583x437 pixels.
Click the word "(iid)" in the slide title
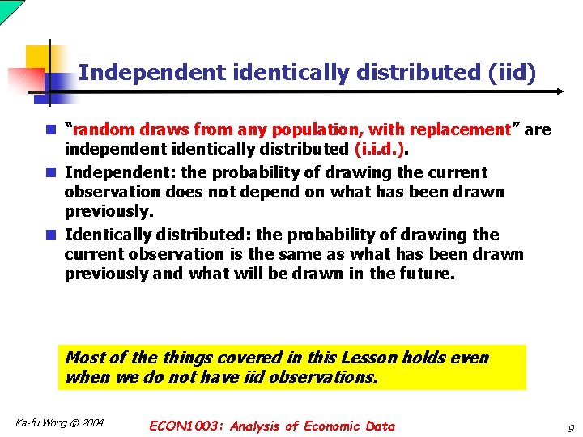tap(513, 73)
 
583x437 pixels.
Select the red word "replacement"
tap(459, 129)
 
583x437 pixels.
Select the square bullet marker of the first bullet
tap(51, 129)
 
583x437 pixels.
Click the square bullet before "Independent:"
tap(51, 172)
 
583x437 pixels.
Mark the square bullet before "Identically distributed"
tap(51, 235)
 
